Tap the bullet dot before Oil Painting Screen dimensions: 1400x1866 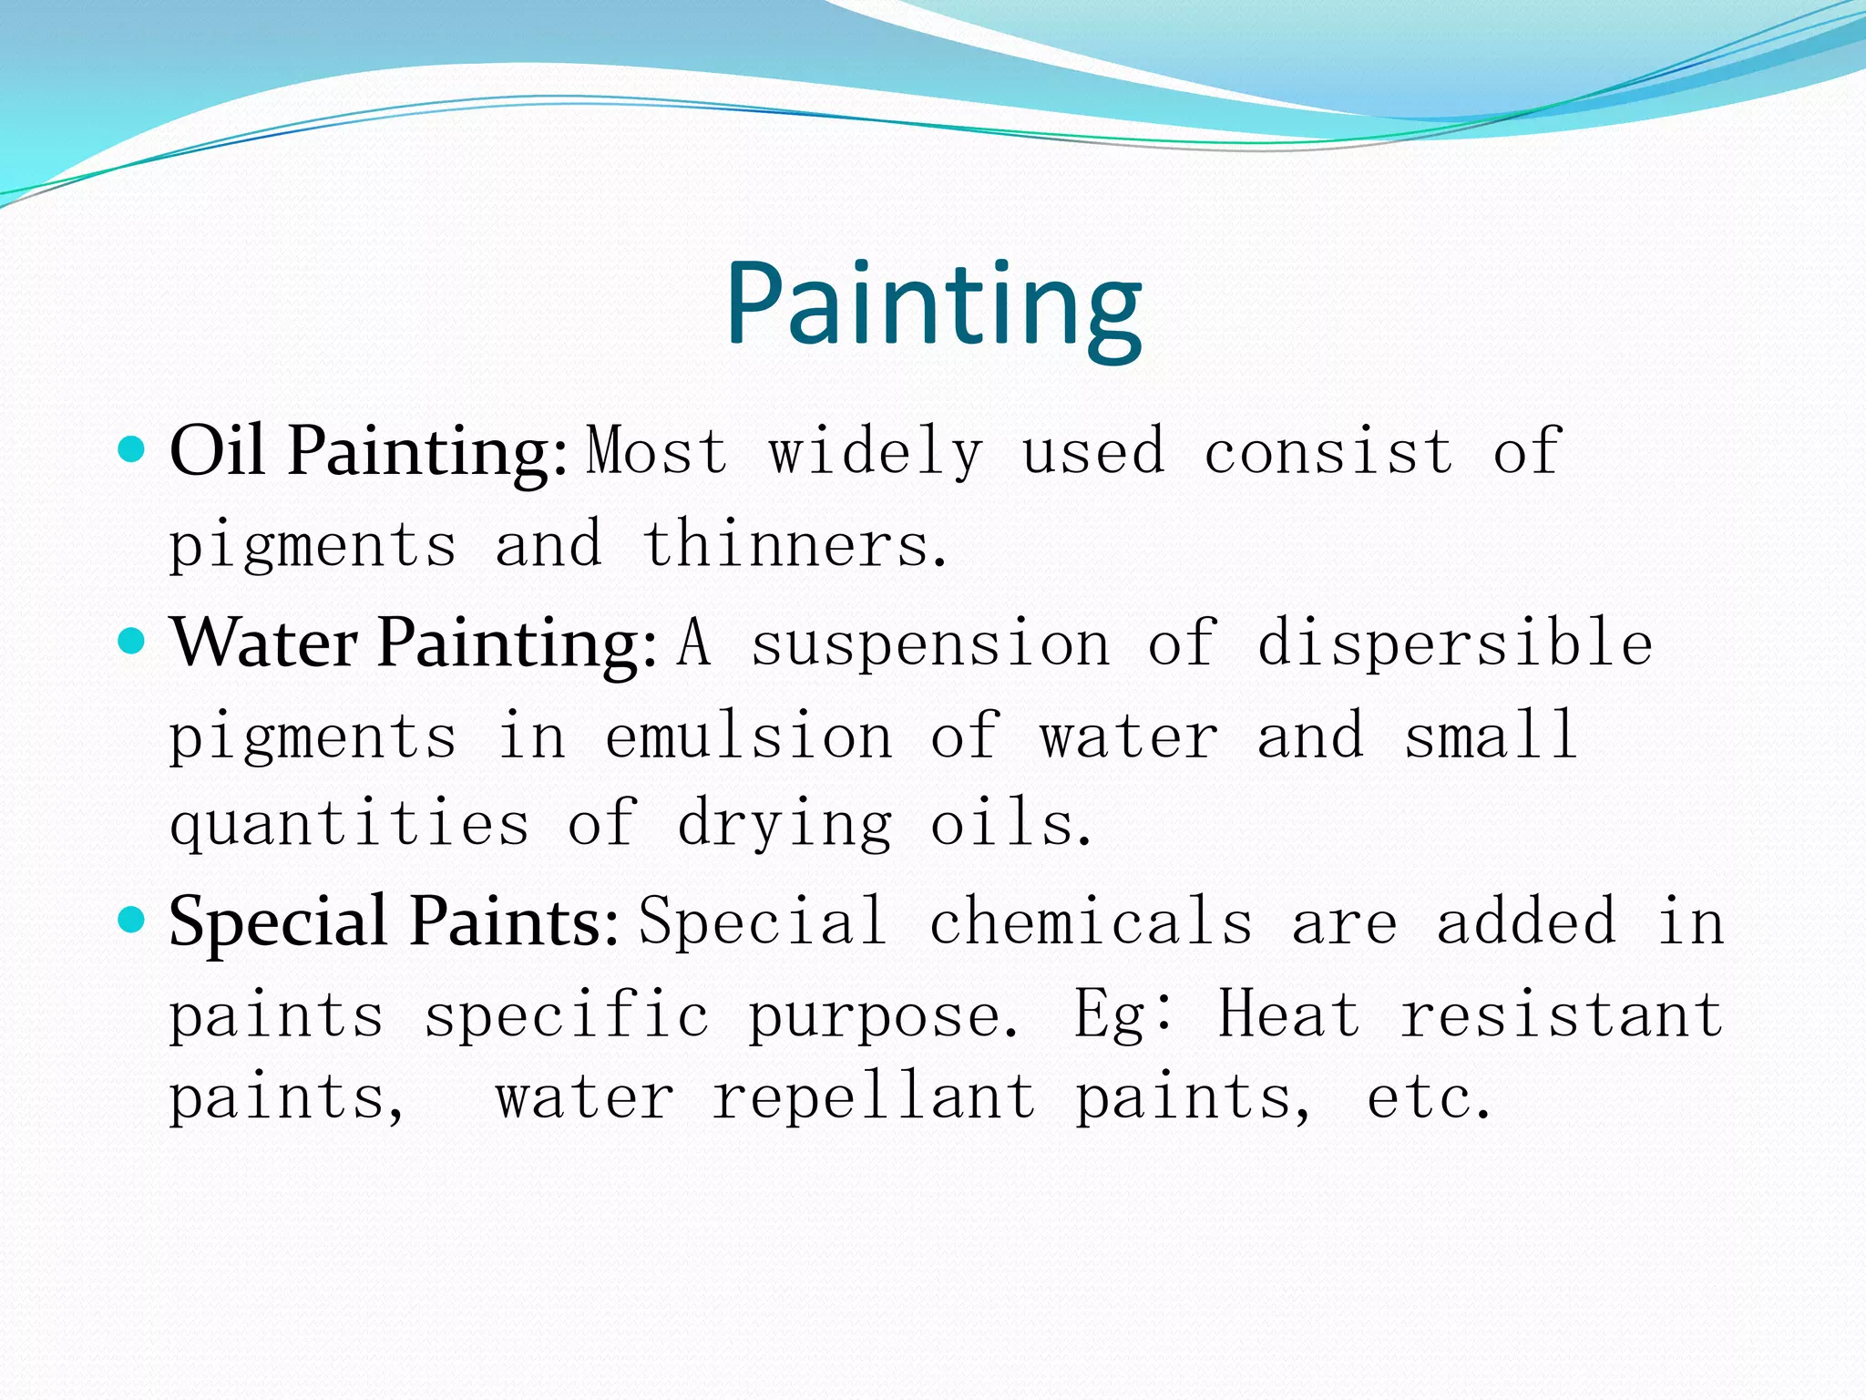pos(132,449)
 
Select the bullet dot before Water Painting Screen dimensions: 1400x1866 pos(132,642)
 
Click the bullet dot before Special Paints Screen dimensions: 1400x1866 pos(132,920)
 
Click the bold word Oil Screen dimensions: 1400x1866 pos(217,451)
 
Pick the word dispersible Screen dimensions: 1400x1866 pos(1455,643)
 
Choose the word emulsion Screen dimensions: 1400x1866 pos(748,736)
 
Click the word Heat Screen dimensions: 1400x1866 pos(1289,1014)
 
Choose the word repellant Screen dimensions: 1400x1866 pos(874,1097)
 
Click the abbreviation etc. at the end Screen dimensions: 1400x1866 pos(1428,1098)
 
